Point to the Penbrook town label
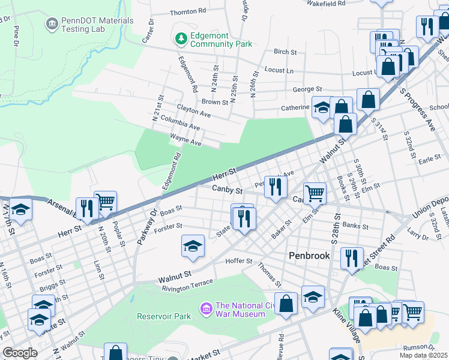[x=310, y=255]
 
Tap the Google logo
[x=20, y=353]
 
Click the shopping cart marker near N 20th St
[x=105, y=202]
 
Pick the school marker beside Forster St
[x=193, y=246]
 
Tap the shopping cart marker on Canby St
[x=315, y=193]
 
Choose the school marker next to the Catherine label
[x=322, y=108]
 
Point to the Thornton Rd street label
[x=188, y=12]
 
